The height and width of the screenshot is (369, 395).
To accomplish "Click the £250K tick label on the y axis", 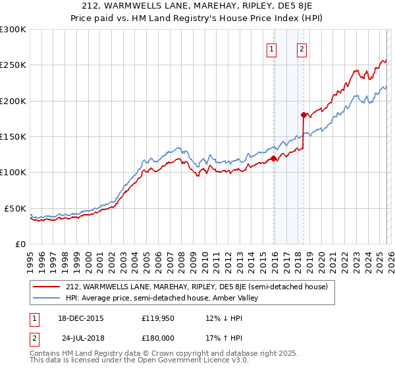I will [x=13, y=65].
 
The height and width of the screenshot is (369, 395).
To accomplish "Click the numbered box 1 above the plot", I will [x=271, y=48].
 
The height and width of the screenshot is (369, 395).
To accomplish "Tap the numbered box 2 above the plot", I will [x=301, y=48].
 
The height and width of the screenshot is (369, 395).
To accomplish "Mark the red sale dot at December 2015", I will [x=274, y=158].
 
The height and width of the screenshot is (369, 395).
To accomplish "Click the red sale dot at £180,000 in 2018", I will [x=303, y=115].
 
